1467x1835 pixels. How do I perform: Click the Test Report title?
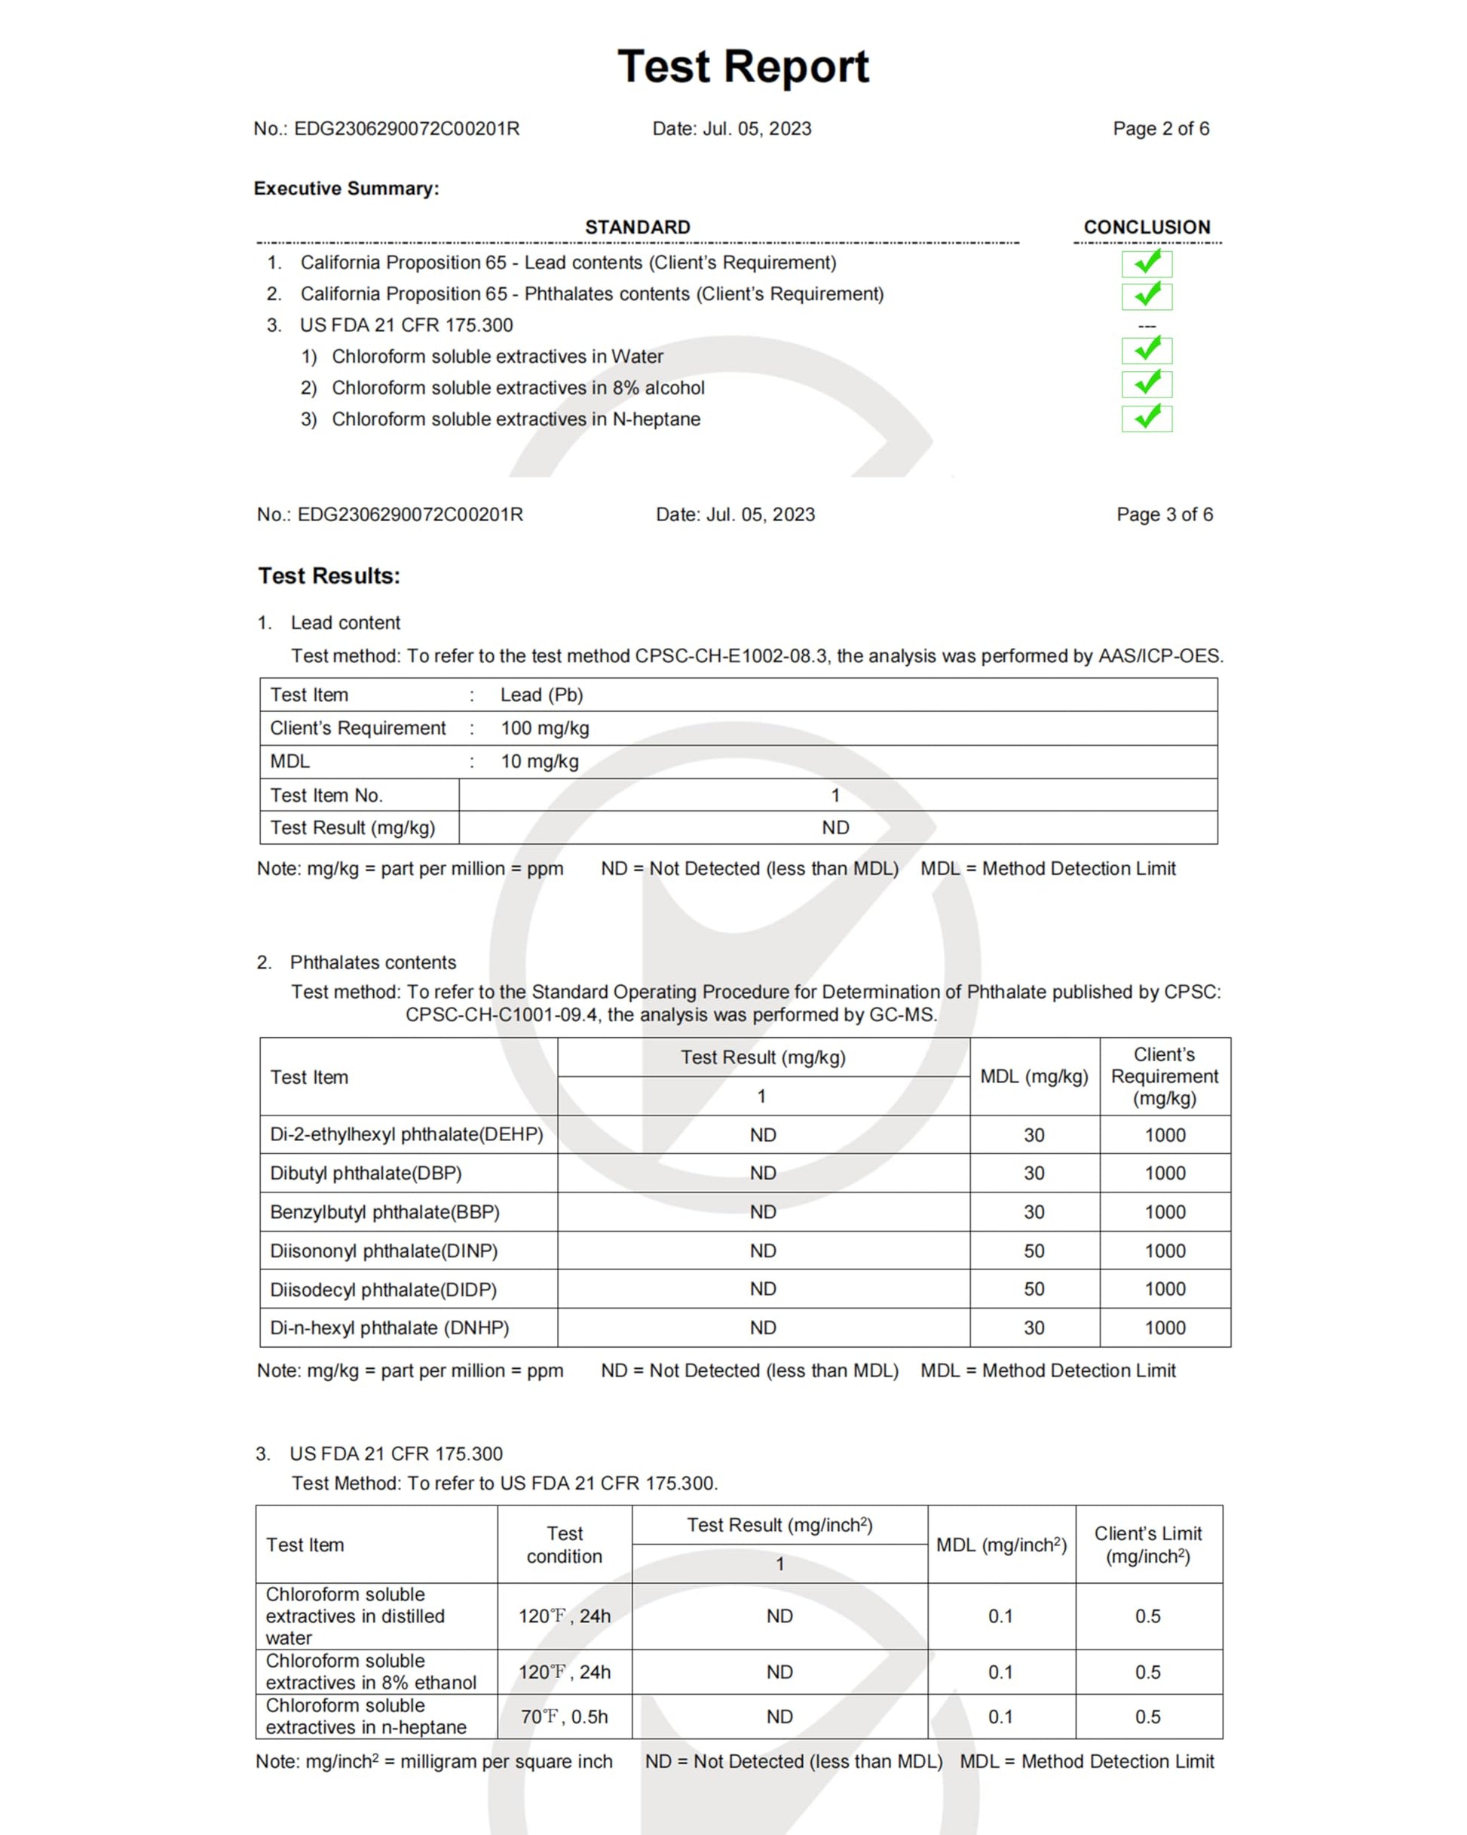click(x=743, y=66)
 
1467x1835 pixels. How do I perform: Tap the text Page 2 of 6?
click(x=1161, y=128)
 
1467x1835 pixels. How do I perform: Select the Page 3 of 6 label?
click(x=1164, y=514)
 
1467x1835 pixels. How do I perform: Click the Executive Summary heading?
click(x=346, y=188)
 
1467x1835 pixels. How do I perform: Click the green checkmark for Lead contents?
click(x=1146, y=262)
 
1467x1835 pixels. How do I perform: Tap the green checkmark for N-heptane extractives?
click(x=1146, y=417)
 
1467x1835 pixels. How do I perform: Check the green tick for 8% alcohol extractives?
click(x=1146, y=383)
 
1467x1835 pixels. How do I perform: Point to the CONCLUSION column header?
click(x=1146, y=227)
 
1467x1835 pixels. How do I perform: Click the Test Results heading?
click(x=329, y=576)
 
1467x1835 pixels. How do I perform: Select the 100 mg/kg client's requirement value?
click(x=544, y=728)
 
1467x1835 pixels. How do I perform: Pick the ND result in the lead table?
click(x=835, y=827)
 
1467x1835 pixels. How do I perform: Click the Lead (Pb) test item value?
click(x=541, y=695)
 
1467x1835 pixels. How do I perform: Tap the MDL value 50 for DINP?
click(x=1034, y=1250)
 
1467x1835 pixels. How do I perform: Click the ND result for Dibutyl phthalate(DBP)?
click(x=762, y=1173)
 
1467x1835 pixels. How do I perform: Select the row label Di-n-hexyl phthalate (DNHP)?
click(x=389, y=1327)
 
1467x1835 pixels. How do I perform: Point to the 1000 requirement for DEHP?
click(x=1164, y=1134)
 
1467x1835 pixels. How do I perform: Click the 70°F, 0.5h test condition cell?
click(x=564, y=1717)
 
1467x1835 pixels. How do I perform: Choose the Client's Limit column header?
click(x=1147, y=1544)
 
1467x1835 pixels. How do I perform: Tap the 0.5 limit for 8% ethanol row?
click(x=1147, y=1671)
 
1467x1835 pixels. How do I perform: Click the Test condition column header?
click(x=564, y=1544)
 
